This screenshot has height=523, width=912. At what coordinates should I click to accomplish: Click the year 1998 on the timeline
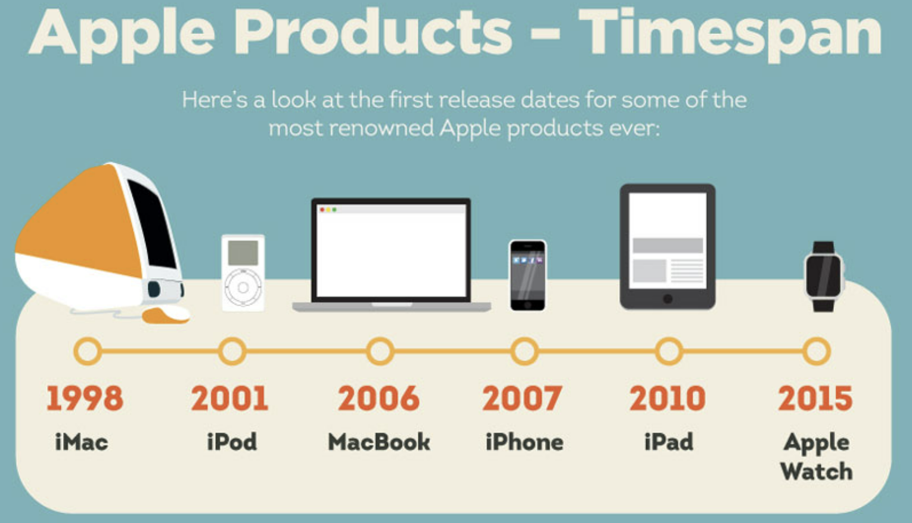point(85,398)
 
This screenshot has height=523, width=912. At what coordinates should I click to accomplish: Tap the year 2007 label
point(522,398)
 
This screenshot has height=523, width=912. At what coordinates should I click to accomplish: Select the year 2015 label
point(815,398)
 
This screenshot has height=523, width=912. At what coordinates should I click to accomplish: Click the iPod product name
point(232,442)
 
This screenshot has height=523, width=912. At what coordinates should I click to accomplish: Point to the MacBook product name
point(379,442)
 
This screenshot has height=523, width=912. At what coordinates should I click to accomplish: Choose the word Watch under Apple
point(816,472)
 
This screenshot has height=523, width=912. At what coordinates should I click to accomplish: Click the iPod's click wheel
point(243,287)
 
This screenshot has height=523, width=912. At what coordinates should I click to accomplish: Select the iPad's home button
point(668,299)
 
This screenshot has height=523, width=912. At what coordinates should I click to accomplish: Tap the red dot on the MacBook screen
point(322,210)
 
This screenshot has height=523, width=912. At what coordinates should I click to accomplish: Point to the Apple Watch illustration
point(824,277)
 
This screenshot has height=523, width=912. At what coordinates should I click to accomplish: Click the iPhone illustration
point(528,276)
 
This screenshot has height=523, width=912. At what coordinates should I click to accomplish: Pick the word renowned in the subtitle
point(381,129)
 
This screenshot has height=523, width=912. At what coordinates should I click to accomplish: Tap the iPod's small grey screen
point(243,253)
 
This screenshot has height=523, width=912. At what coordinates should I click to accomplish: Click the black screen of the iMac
point(152,224)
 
